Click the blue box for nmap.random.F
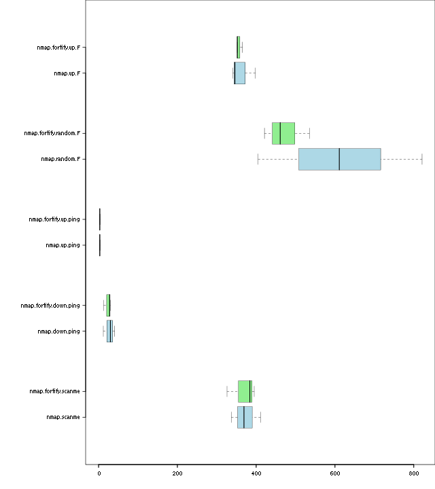[x=340, y=159]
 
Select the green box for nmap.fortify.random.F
[x=283, y=133]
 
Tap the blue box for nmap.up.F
[x=240, y=73]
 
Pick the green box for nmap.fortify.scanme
[x=245, y=391]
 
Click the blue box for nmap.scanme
[x=245, y=417]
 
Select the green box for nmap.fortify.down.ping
[x=108, y=306]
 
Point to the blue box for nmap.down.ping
[x=109, y=331]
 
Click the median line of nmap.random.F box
[x=339, y=159]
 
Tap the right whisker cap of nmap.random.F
[x=422, y=159]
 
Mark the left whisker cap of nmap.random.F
[x=258, y=159]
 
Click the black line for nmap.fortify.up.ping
[x=100, y=219]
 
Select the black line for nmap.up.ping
[x=100, y=245]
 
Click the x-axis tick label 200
[x=177, y=473]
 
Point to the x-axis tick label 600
[x=335, y=473]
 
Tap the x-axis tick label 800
[x=414, y=473]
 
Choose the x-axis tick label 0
[x=99, y=473]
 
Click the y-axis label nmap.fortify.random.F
[x=52, y=133]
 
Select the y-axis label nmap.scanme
[x=63, y=417]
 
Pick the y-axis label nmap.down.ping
[x=58, y=331]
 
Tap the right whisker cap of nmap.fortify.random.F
[x=309, y=133]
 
